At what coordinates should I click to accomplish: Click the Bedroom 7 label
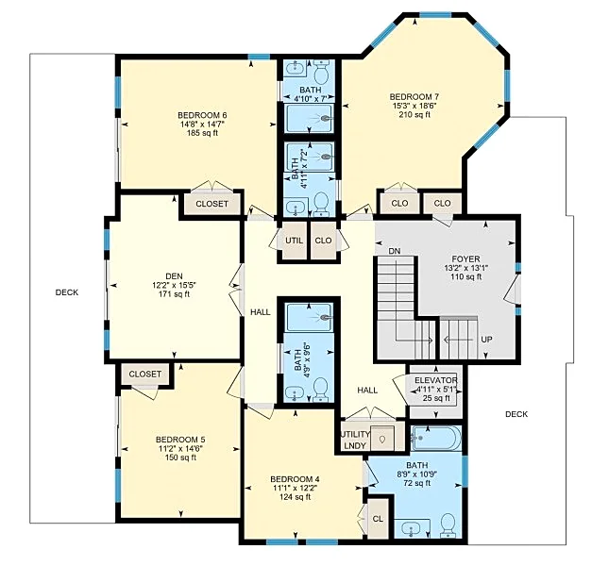point(414,96)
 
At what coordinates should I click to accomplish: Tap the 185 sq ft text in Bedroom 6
point(202,133)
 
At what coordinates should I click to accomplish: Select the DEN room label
point(174,276)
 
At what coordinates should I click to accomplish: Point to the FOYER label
point(465,259)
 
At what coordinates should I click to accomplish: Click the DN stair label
point(395,251)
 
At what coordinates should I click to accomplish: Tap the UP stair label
point(486,340)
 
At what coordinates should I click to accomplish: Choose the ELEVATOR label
point(436,380)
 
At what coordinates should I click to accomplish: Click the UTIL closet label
point(295,241)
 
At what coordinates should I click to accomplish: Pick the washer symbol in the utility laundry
point(382,439)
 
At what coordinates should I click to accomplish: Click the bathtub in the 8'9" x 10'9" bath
point(436,438)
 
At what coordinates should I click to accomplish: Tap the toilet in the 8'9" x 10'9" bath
point(448,524)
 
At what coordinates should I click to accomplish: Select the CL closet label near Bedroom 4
point(378,519)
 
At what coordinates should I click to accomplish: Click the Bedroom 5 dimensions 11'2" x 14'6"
point(180,449)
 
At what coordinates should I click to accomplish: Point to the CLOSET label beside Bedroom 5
point(145,374)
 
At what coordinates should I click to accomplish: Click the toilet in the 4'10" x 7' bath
point(322,73)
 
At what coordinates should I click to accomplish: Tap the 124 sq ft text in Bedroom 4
point(295,497)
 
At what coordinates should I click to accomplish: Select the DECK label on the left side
point(67,292)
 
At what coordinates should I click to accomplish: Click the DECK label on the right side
point(516,414)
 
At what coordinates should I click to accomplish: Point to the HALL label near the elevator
point(367,391)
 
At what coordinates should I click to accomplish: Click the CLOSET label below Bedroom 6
point(211,204)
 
